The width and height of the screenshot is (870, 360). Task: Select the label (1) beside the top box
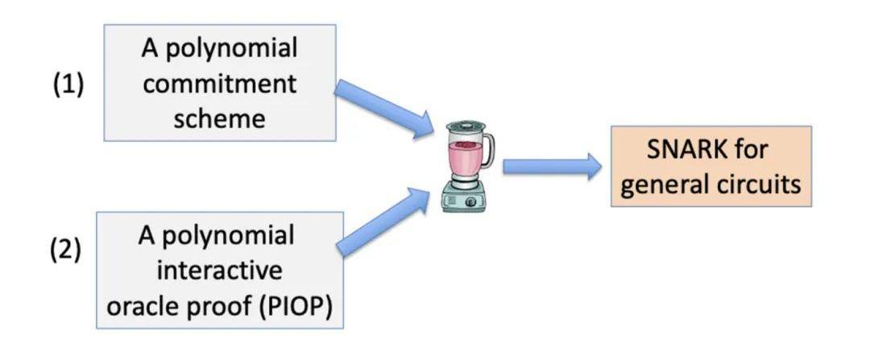pos(68,85)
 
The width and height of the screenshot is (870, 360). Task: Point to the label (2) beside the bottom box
pos(68,249)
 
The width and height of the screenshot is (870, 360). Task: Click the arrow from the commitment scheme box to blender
pos(383,108)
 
